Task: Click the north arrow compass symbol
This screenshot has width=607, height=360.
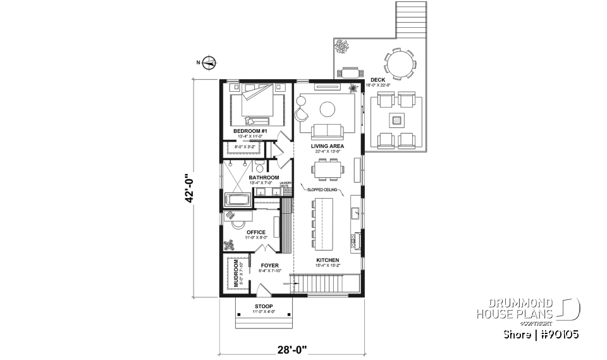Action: (x=210, y=62)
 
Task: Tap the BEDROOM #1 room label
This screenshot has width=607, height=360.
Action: (x=251, y=132)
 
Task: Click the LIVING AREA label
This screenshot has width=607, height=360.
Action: (x=326, y=146)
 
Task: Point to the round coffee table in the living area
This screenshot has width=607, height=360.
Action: (x=328, y=109)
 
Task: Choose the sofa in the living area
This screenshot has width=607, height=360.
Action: (x=326, y=131)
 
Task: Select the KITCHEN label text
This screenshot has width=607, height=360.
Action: (x=328, y=260)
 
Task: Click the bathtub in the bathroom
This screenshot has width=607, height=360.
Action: (x=238, y=201)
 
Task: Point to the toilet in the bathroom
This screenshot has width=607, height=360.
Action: (x=261, y=166)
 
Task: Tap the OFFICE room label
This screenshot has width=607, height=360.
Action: (x=256, y=232)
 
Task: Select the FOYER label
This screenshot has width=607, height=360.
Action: (x=269, y=266)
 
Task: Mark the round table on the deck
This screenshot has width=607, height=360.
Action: (x=401, y=63)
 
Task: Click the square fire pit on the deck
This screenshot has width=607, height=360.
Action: (x=396, y=119)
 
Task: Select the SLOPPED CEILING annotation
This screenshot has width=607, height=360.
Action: (x=323, y=189)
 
